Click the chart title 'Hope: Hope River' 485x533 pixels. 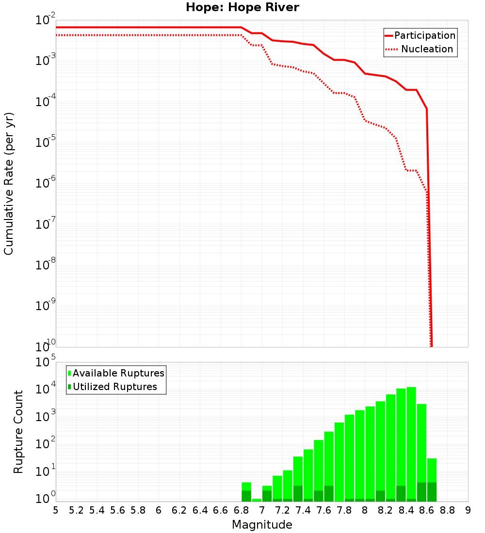pos(242,7)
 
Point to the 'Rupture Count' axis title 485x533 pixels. pos(18,431)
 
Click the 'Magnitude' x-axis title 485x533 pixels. pos(262,525)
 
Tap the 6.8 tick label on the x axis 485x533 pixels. pos(241,510)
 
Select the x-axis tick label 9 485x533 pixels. pos(468,510)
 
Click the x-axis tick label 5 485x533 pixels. pos(55,510)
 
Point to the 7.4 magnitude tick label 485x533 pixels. pos(303,510)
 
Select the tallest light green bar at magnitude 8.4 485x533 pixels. pos(411,436)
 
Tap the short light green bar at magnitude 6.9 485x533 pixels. pos(257,500)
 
